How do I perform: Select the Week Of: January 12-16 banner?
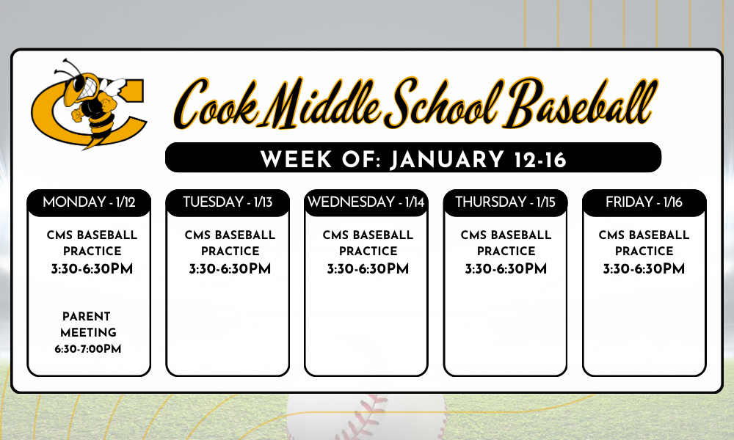click(x=413, y=158)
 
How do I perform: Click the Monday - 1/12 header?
click(x=89, y=202)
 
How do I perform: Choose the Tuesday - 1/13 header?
click(x=228, y=202)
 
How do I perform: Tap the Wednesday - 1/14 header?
click(x=366, y=202)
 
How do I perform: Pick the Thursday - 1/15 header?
click(x=505, y=202)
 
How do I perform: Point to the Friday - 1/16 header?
click(x=644, y=202)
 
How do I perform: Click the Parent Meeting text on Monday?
click(x=87, y=324)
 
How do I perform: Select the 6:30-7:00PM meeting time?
click(x=87, y=349)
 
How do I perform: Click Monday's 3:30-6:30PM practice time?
click(x=92, y=269)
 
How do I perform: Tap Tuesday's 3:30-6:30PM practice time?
click(x=230, y=269)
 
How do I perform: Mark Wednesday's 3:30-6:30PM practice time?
click(x=368, y=269)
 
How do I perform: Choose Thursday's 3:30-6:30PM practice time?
click(x=506, y=269)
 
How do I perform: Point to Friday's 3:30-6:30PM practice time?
click(x=644, y=269)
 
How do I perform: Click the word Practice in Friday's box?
click(x=644, y=251)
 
